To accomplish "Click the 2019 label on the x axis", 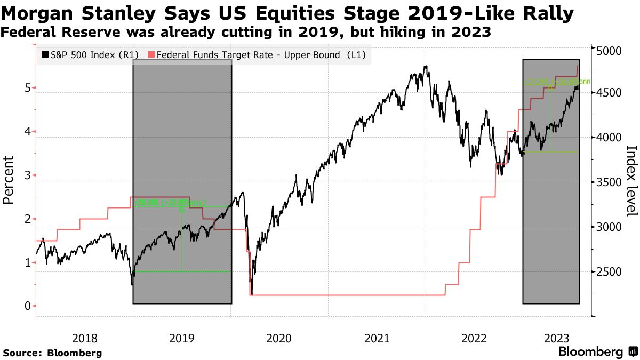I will pyautogui.click(x=181, y=338).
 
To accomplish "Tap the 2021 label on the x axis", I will pyautogui.click(x=376, y=338).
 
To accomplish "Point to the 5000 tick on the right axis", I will pyautogui.click(x=609, y=51).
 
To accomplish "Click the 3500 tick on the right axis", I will pyautogui.click(x=609, y=182).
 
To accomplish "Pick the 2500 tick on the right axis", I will pyautogui.click(x=609, y=272).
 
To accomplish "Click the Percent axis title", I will pyautogui.click(x=8, y=180).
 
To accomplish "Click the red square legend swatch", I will pyautogui.click(x=151, y=54).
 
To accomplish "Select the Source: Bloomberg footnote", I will pyautogui.click(x=52, y=353).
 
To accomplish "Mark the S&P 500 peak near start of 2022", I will pyautogui.click(x=425, y=67).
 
